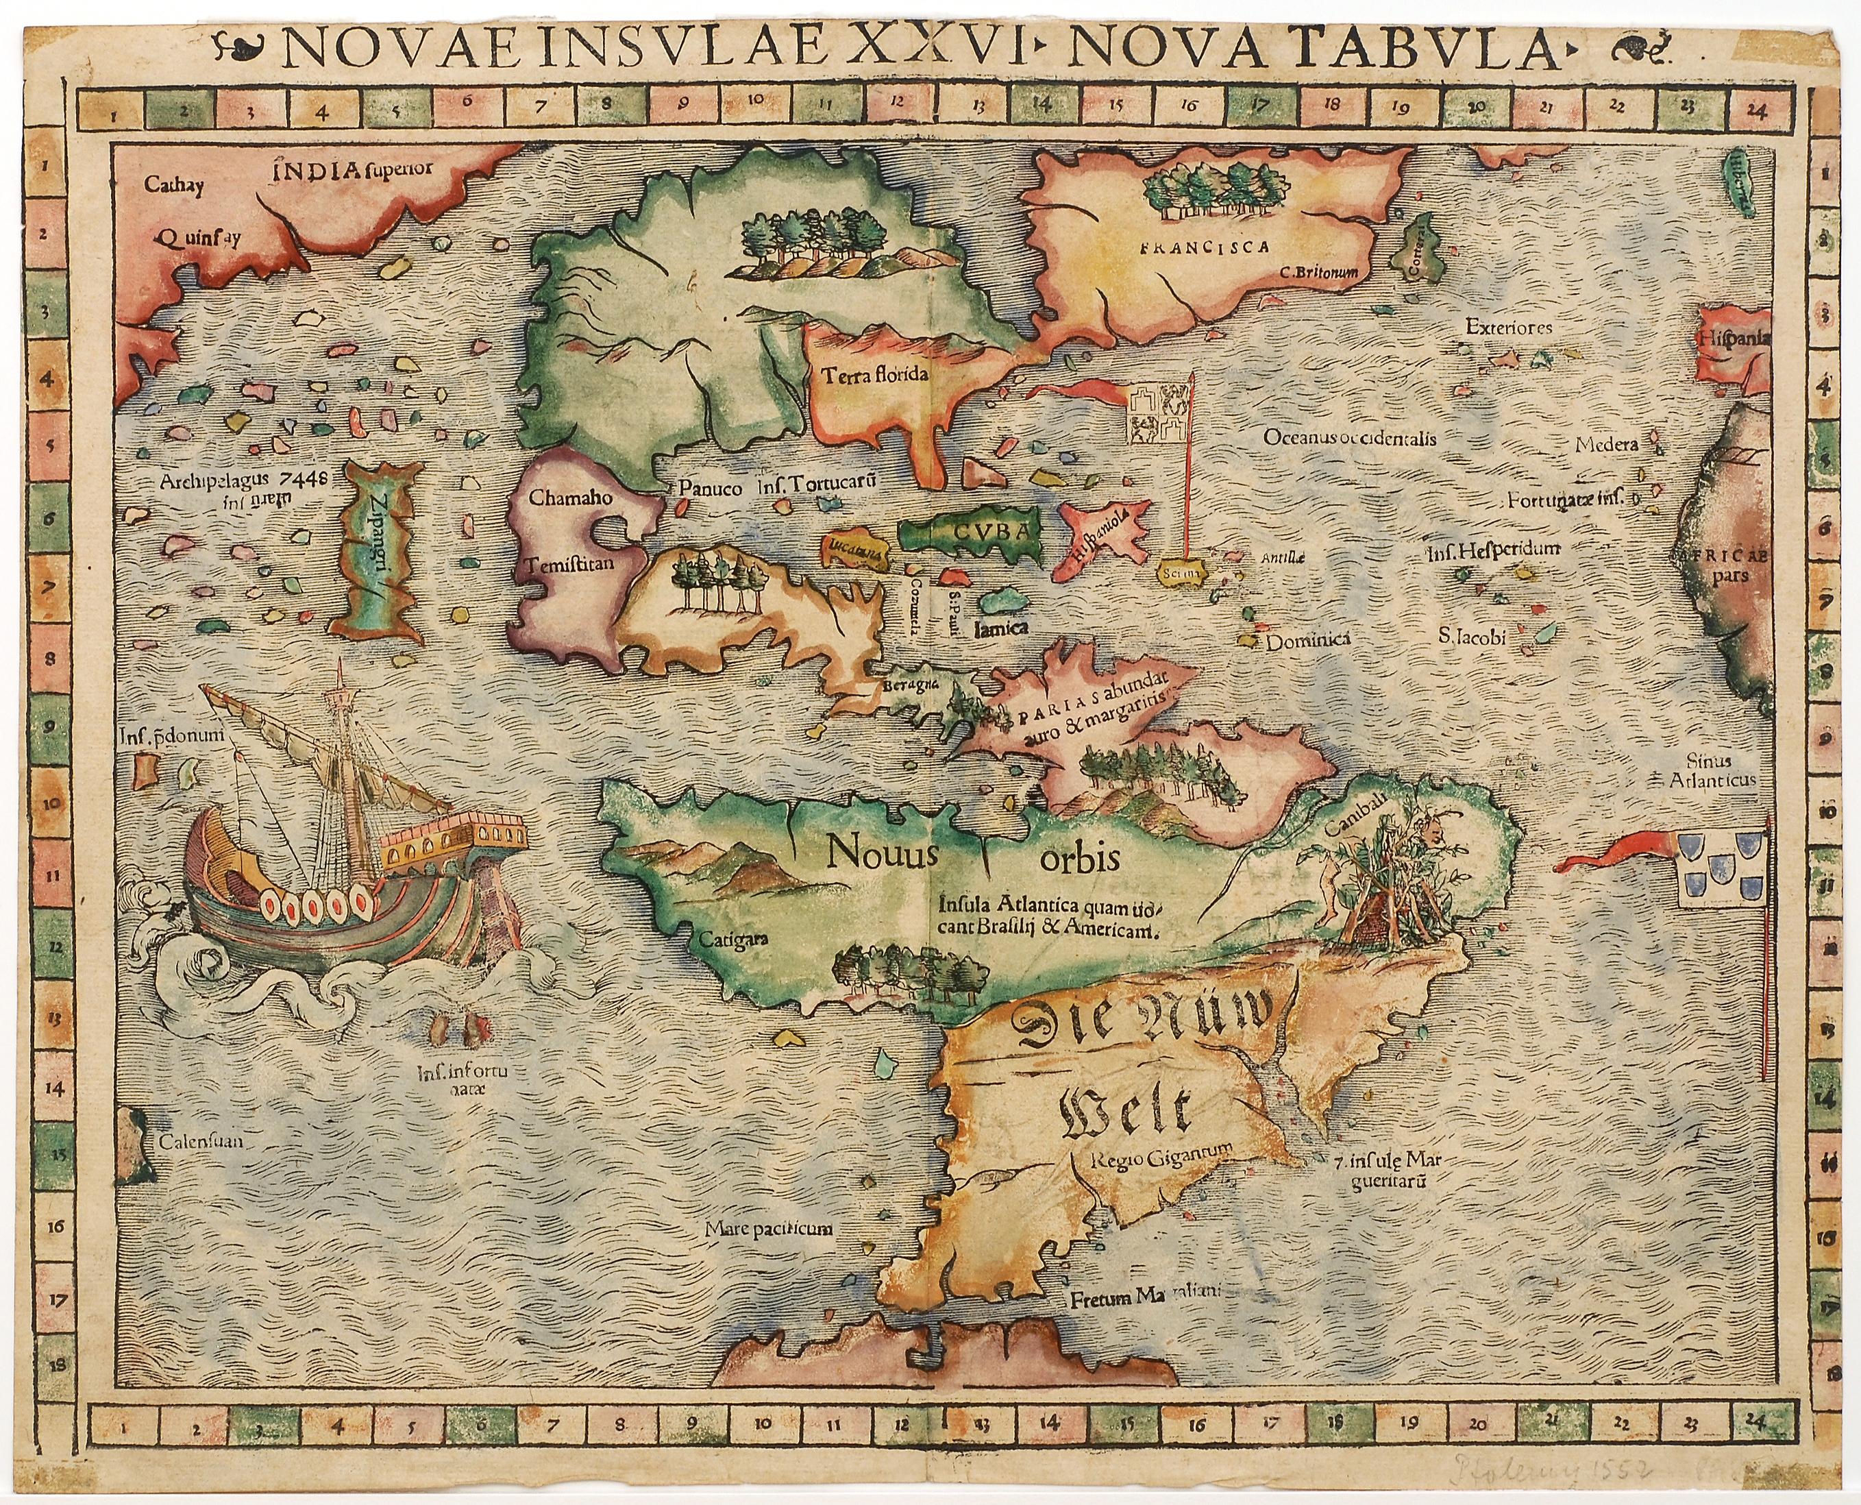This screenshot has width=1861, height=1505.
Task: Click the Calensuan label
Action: click(x=199, y=1141)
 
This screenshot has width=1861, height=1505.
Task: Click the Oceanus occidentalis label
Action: click(x=1350, y=438)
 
